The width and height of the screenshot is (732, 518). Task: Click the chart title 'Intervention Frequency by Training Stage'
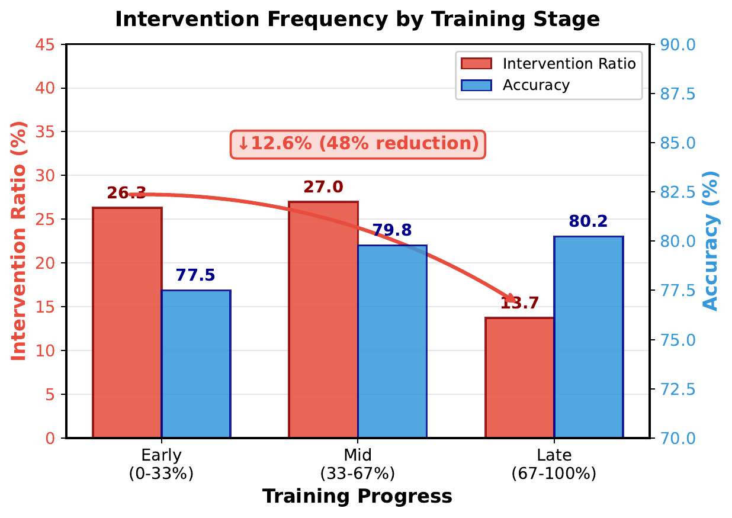(x=357, y=19)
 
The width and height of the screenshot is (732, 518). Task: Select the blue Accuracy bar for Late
(x=588, y=337)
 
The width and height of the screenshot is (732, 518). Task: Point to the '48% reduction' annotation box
(x=358, y=144)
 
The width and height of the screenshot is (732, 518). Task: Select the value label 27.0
(x=323, y=188)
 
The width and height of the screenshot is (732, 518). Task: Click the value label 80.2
(x=588, y=222)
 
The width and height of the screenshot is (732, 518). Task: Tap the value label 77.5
(x=195, y=276)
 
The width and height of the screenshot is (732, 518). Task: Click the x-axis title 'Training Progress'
(x=357, y=497)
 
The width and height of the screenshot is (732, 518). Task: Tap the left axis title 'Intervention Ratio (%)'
(x=19, y=242)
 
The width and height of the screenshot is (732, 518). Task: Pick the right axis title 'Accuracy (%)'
(x=711, y=242)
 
